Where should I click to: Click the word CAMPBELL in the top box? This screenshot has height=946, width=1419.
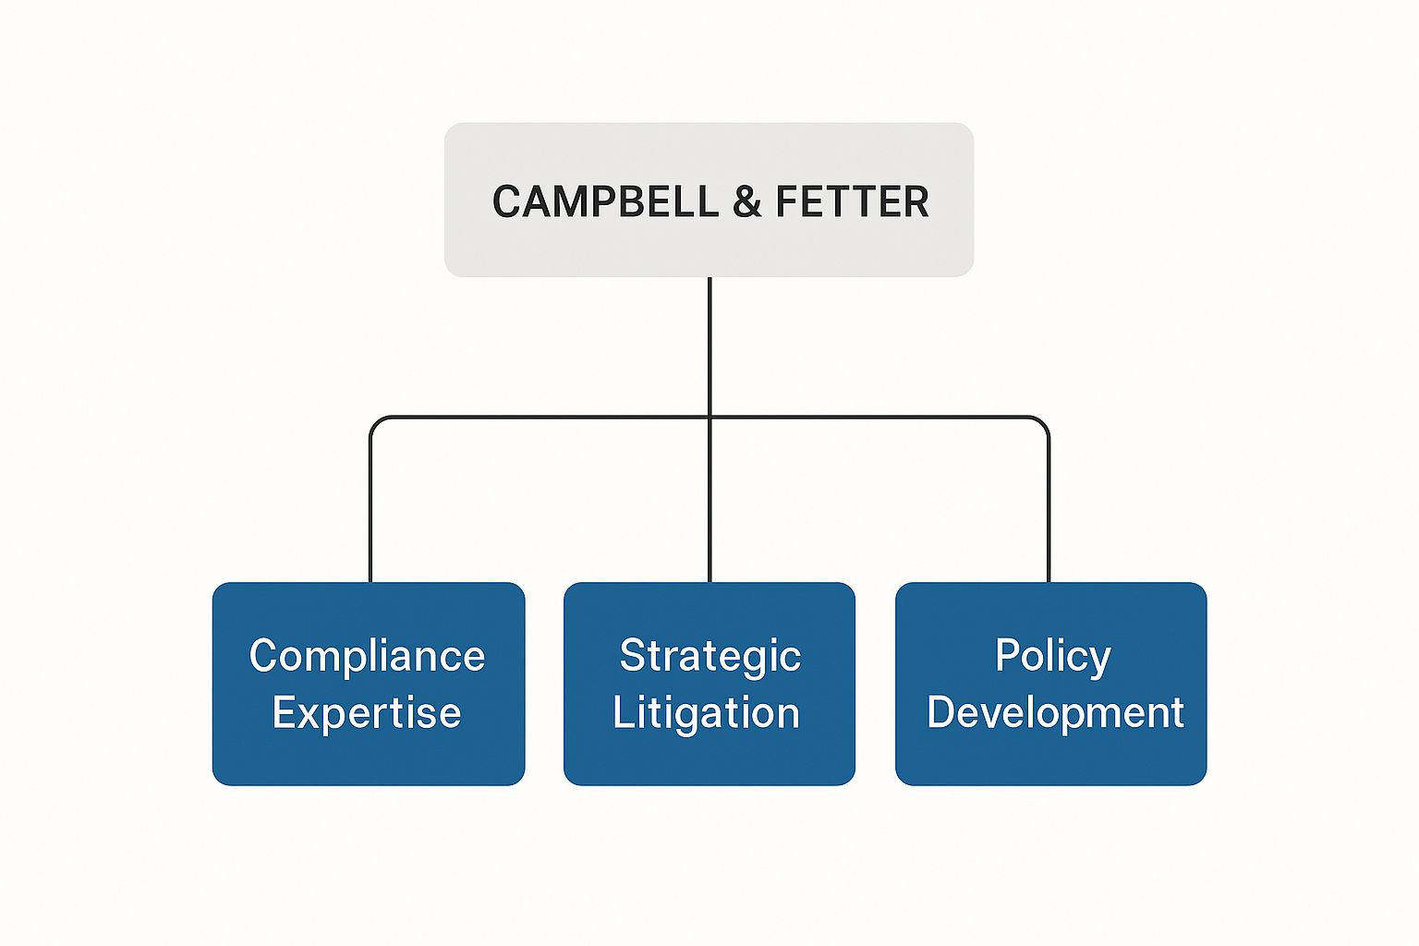(605, 201)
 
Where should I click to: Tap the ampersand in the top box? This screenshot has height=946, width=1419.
(746, 202)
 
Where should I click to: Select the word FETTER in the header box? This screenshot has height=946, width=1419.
(852, 201)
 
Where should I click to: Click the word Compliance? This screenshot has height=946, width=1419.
(367, 657)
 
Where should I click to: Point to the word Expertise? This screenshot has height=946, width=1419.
(367, 713)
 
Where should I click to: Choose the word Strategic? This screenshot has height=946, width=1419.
(709, 657)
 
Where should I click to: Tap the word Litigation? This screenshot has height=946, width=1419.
(706, 713)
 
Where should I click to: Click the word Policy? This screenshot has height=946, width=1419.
(1052, 656)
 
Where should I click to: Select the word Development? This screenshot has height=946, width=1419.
(1055, 713)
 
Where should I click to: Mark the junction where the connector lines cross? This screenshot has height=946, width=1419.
(709, 418)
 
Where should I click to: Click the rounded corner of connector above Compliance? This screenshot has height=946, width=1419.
(374, 421)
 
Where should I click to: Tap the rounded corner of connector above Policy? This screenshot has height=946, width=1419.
(1044, 421)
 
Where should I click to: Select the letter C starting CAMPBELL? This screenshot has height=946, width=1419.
(505, 201)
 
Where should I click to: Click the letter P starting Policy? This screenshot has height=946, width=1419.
(1006, 656)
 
